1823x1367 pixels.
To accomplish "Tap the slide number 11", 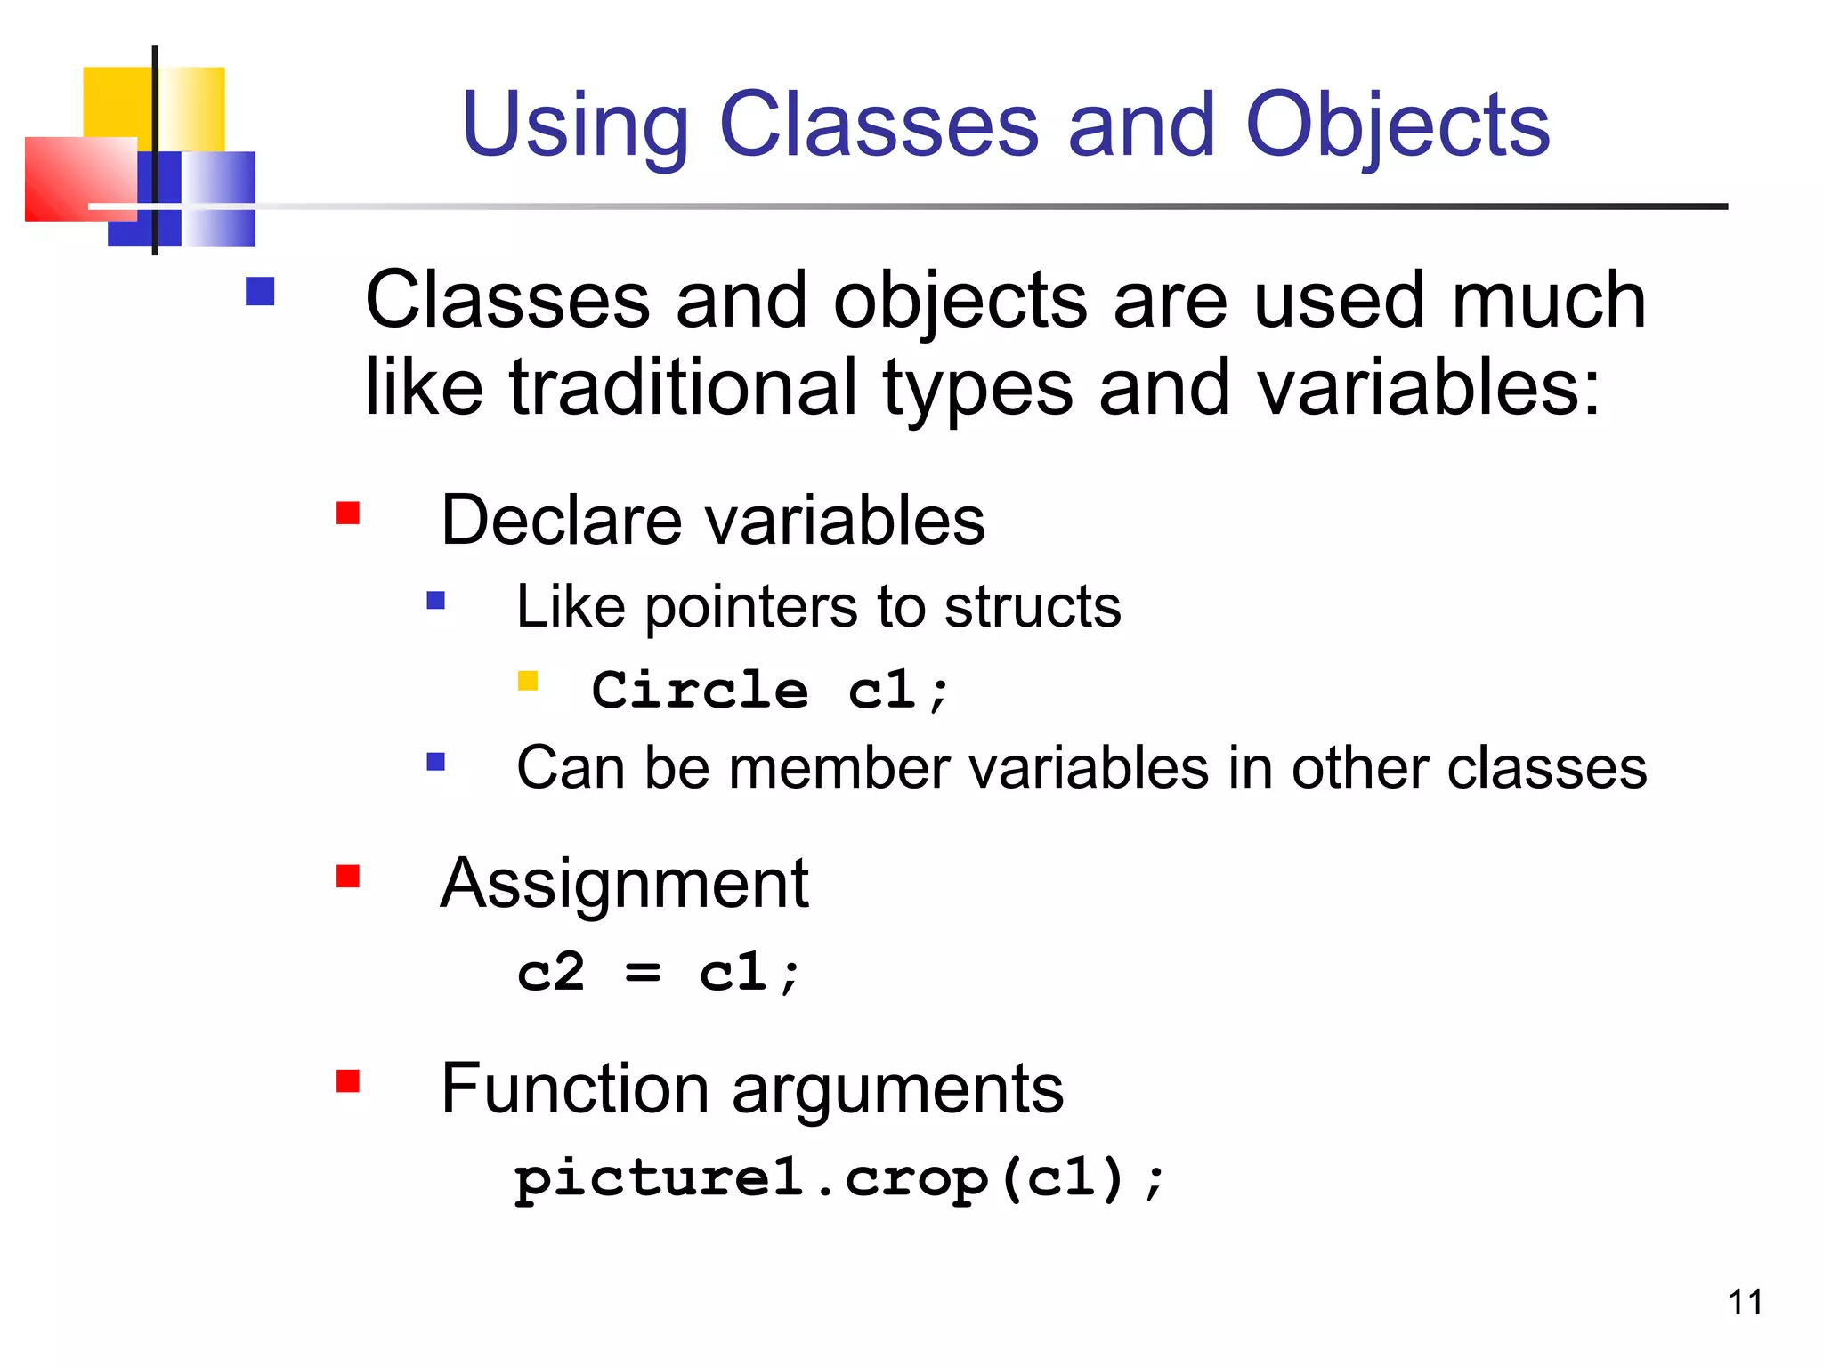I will click(x=1745, y=1302).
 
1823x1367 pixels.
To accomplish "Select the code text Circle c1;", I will click(x=771, y=690).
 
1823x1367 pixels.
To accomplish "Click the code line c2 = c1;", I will click(x=659, y=971).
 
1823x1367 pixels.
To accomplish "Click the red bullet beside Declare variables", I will click(x=348, y=514).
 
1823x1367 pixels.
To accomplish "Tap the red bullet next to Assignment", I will click(x=348, y=877).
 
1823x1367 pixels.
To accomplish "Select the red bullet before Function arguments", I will click(x=348, y=1080).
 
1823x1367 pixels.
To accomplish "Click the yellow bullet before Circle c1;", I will click(x=528, y=681).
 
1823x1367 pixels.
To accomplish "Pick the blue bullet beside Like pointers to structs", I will click(x=435, y=601).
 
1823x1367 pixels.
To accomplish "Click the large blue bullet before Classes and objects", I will click(x=260, y=291).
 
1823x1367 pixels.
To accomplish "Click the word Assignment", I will click(x=624, y=883).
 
